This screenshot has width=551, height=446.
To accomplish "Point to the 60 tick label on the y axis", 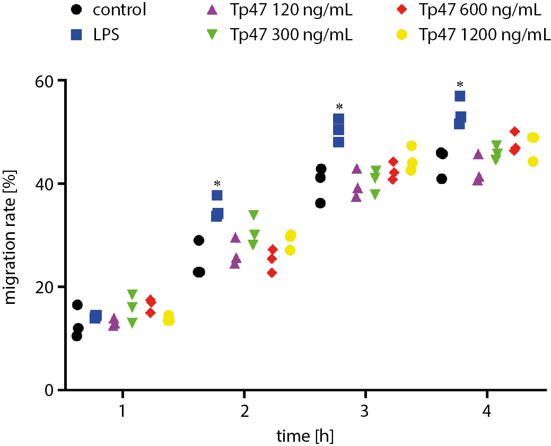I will click(44, 81).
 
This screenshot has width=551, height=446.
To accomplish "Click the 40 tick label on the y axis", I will click(44, 184).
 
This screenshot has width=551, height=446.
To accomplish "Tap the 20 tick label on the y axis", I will click(44, 287).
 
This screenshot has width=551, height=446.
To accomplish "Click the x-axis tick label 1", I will click(123, 411).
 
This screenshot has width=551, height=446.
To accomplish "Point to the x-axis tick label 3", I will click(365, 411).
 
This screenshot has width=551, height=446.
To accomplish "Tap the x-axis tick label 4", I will click(487, 411).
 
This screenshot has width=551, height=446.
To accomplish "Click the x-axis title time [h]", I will click(305, 436).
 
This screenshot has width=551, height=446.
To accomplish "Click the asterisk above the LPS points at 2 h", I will click(217, 184).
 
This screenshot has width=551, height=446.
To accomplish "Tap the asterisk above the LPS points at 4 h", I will click(460, 85).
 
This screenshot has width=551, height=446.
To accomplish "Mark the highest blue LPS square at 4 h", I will click(460, 96).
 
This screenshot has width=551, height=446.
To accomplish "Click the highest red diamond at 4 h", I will click(514, 132).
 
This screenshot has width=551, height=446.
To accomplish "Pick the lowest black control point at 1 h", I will click(77, 336).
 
